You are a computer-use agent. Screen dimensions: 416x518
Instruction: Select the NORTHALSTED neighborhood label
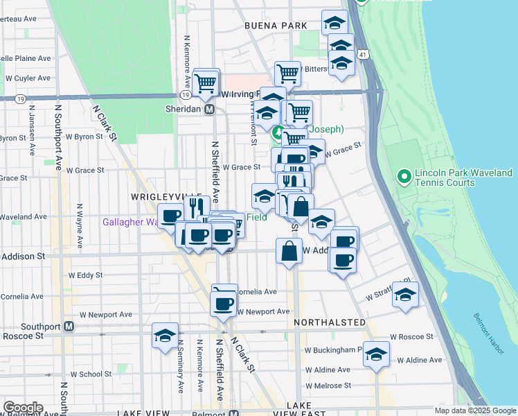(x=329, y=323)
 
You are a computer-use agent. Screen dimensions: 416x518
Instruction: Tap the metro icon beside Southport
(x=69, y=326)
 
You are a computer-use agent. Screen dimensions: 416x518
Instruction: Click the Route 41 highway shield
(x=362, y=54)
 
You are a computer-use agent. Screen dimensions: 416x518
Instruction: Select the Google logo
(x=23, y=408)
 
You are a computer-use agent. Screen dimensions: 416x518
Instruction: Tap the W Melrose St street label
(x=328, y=385)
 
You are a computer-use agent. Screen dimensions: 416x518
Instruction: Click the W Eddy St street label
(x=85, y=275)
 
